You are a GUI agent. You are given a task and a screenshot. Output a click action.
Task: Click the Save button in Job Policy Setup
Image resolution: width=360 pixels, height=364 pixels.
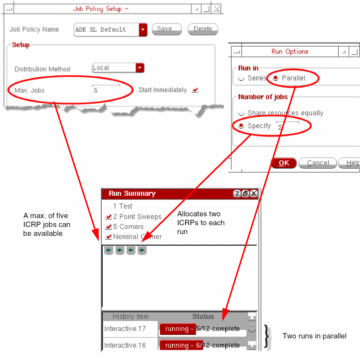[x=167, y=29]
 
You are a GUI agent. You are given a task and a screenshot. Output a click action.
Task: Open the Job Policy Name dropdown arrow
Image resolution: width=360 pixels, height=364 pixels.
[x=143, y=30]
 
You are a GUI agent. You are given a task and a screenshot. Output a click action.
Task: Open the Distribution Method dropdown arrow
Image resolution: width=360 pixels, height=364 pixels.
[x=140, y=68]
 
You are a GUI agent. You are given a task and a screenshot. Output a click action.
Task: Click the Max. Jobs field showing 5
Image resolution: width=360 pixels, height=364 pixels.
[x=106, y=90]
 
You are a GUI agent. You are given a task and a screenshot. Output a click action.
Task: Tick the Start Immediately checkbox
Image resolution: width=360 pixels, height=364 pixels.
[x=195, y=90]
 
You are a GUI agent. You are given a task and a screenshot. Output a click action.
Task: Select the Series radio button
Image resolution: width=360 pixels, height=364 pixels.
[x=241, y=78]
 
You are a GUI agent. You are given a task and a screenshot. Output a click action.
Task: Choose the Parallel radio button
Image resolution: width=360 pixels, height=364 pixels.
[x=275, y=78]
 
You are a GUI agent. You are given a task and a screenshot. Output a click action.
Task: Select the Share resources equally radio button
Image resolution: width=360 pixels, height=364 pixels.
[x=241, y=113]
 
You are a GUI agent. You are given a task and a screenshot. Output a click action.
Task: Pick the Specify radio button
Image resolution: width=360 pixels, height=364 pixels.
[x=241, y=126]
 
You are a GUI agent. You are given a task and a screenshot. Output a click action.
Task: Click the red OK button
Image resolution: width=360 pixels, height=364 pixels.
[x=284, y=163]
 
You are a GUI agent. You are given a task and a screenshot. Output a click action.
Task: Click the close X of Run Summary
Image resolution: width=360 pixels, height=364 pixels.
[x=254, y=194]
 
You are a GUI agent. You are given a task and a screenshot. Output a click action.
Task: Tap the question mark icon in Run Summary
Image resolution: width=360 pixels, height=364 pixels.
[x=237, y=194]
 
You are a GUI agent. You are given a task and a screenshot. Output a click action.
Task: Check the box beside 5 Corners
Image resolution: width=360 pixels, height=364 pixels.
[x=108, y=227]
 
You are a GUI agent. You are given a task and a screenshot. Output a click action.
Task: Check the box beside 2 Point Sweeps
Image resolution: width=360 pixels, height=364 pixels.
[x=108, y=217]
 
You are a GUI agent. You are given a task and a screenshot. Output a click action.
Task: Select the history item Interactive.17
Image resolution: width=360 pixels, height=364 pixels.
[x=125, y=329]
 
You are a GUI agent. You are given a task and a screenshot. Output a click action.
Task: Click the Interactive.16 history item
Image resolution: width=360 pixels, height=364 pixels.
[x=125, y=346]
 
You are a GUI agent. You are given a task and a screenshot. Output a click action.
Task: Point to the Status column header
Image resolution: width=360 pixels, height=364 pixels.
[x=203, y=316]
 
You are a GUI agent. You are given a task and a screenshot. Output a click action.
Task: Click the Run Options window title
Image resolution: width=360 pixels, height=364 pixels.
[x=290, y=51]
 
